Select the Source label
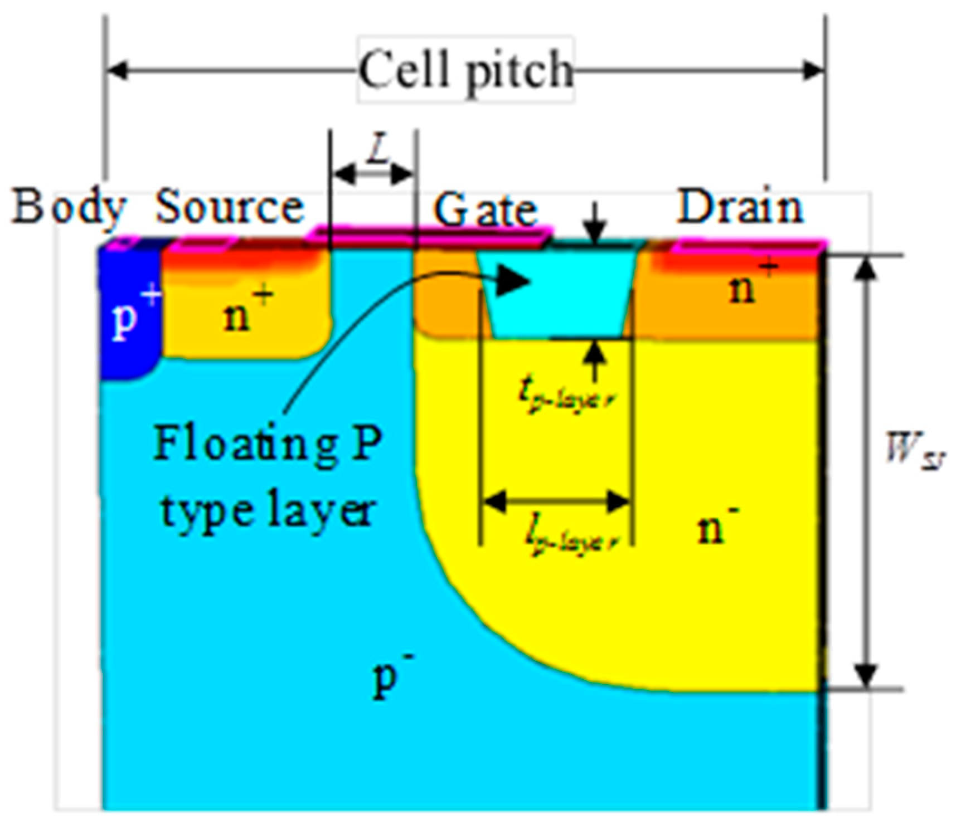(x=230, y=207)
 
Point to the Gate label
(x=485, y=210)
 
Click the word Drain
(x=739, y=207)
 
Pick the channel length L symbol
(x=377, y=151)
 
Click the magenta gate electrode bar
(x=429, y=235)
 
